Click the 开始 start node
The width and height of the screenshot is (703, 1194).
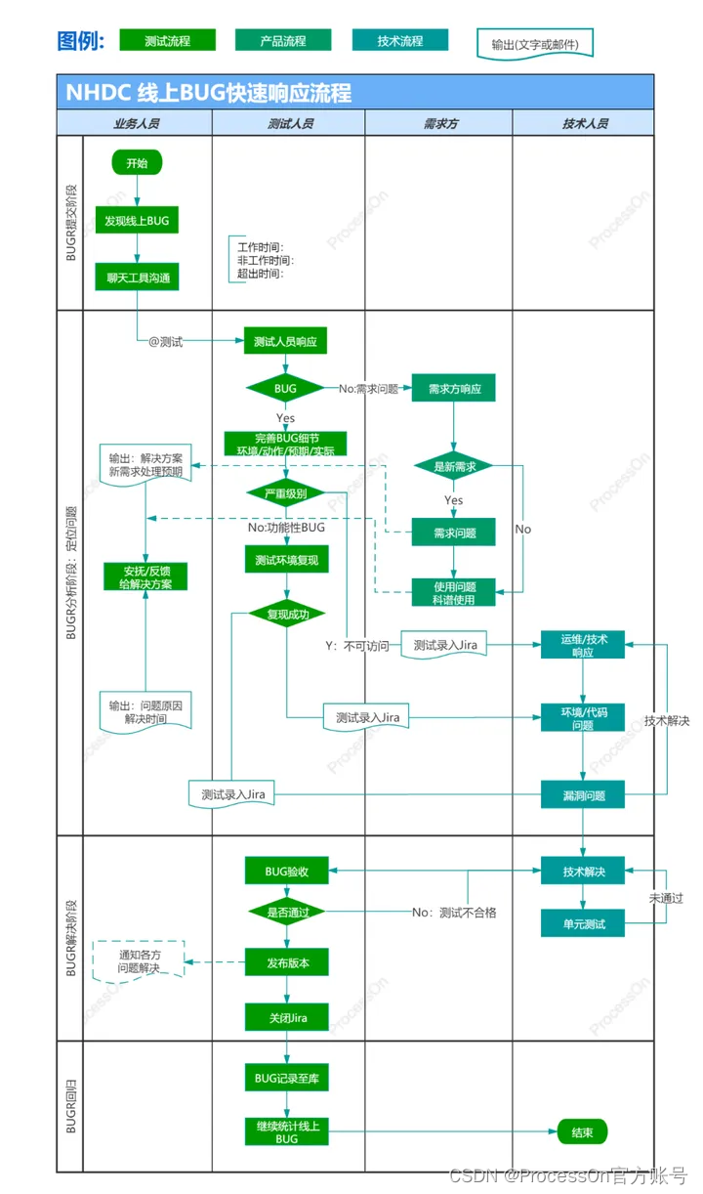(x=137, y=163)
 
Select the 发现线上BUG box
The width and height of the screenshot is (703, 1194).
(x=137, y=221)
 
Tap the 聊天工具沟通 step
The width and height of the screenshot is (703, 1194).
(x=137, y=277)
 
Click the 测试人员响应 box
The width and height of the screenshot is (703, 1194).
(x=285, y=342)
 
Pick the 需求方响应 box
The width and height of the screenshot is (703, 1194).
(x=454, y=389)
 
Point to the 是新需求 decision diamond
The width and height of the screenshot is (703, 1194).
(x=454, y=467)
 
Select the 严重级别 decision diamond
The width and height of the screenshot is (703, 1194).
(x=285, y=493)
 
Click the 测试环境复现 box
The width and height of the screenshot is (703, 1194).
(x=285, y=560)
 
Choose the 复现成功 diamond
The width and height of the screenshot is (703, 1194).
(x=285, y=615)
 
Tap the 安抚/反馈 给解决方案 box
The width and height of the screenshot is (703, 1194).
(x=145, y=576)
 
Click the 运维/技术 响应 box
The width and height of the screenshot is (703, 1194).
(x=583, y=645)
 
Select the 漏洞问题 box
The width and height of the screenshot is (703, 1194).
(x=583, y=795)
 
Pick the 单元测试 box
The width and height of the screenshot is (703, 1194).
(x=583, y=922)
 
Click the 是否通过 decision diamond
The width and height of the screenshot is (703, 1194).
(x=285, y=913)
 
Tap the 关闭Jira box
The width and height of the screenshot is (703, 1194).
(x=285, y=1017)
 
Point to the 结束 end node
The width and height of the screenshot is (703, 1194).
(x=582, y=1132)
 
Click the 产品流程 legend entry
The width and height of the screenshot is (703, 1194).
(x=283, y=41)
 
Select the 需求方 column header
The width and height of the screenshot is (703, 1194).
(x=439, y=124)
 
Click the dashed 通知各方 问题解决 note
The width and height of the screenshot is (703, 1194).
(x=138, y=961)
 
